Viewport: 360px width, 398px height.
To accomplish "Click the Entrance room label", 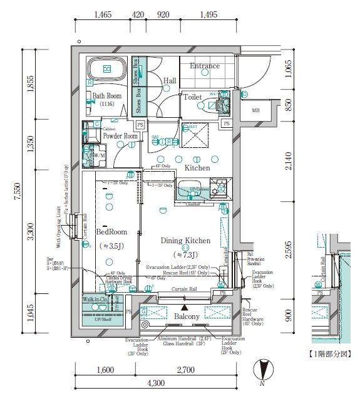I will coord(205,66).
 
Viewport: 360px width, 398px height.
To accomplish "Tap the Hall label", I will coord(170,81).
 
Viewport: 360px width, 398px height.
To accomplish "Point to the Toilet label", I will coord(192,97).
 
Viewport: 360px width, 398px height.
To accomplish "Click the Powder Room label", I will coord(120,136).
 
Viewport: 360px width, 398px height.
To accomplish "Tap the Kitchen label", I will coord(197,168).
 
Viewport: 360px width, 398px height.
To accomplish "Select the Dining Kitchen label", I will coord(185,241).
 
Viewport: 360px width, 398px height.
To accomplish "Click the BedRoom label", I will coord(111,232).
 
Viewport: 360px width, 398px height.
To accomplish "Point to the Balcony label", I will coord(187,317).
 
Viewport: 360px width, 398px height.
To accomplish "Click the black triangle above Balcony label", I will coord(184,308).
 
